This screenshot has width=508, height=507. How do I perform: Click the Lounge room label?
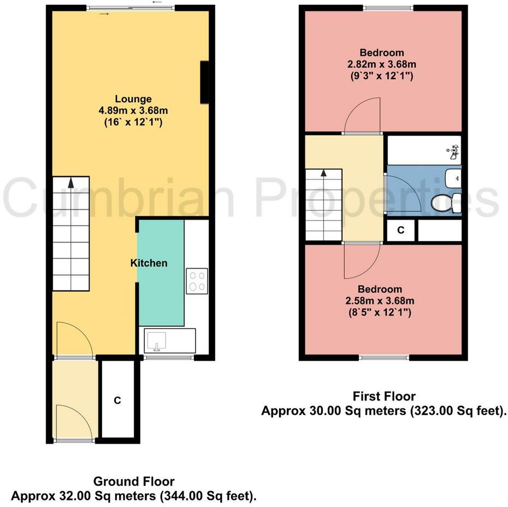click(x=133, y=99)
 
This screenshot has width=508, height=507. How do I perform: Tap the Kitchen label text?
click(x=149, y=263)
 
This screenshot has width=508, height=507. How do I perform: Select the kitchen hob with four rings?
click(x=196, y=280)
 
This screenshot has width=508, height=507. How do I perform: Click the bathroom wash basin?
click(x=453, y=177)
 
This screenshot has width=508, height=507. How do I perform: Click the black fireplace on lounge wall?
click(x=205, y=82)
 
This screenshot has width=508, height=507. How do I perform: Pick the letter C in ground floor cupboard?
click(x=117, y=400)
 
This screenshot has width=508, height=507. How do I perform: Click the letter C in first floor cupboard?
click(x=400, y=231)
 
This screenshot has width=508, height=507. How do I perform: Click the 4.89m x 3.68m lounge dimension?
click(x=133, y=111)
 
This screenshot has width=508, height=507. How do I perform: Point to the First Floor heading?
click(x=384, y=396)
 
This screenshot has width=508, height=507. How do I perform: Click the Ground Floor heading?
click(x=134, y=481)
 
